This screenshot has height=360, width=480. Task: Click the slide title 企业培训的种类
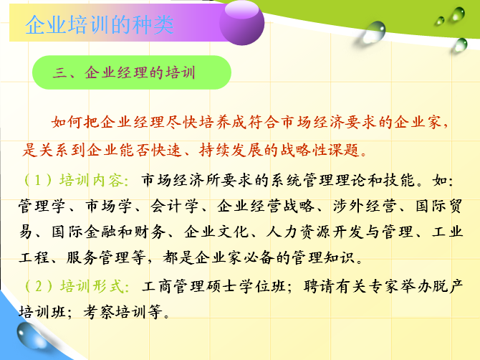[x=100, y=25]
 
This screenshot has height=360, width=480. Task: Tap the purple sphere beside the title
[x=242, y=23]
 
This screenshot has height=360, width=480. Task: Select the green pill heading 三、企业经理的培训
[x=132, y=72]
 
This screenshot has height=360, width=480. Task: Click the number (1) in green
[x=38, y=180]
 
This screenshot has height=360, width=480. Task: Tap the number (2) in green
[x=38, y=286]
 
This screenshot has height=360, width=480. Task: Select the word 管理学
[x=42, y=207]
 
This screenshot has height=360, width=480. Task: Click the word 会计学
[x=174, y=207]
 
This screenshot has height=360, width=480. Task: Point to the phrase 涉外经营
[x=365, y=207]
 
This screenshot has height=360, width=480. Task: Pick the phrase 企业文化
[x=216, y=232]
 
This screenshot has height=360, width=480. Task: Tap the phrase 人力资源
[x=299, y=232]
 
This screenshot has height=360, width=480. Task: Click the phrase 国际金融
[x=84, y=232]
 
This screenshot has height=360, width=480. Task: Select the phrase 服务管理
[x=97, y=257]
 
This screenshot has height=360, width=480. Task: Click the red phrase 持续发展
[x=231, y=150]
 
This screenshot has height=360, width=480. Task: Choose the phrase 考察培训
[x=115, y=312]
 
